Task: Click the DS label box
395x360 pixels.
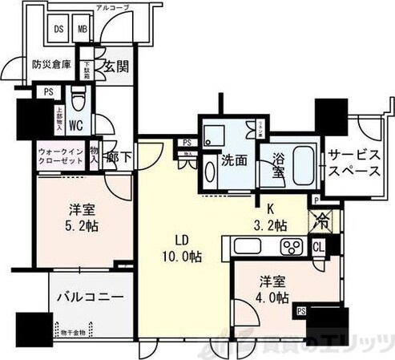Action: [58, 29]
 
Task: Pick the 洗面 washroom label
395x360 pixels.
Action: [235, 159]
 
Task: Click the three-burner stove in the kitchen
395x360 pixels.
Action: [291, 246]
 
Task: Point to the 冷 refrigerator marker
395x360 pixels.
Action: [320, 217]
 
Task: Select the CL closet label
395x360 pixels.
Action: [318, 248]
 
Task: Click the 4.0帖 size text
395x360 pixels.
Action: [272, 300]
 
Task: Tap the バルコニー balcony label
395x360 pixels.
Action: [90, 297]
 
